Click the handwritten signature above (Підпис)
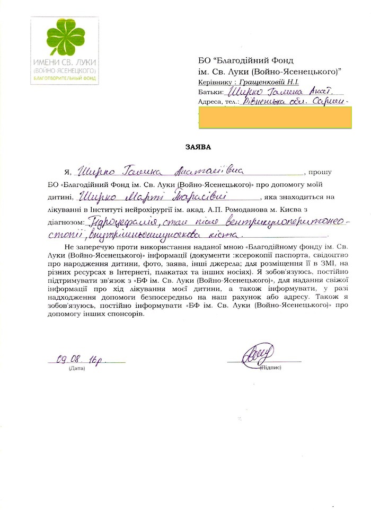(259, 354)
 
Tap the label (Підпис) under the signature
(270, 368)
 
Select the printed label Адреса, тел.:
(217, 102)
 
